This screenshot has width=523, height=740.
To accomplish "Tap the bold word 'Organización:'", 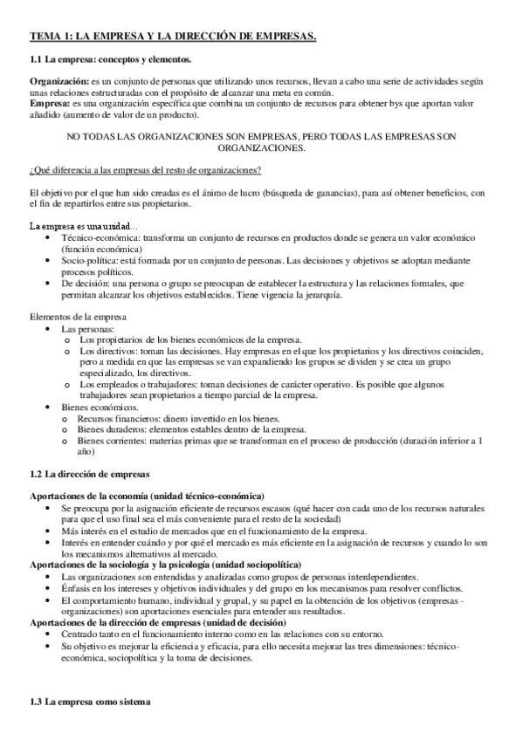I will [58, 81].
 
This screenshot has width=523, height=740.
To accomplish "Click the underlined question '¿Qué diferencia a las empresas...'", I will [145, 169].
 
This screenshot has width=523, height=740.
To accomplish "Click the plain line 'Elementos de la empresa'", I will [78, 316].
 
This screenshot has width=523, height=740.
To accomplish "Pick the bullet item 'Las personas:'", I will [87, 328].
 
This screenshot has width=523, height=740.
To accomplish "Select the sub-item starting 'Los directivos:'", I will [112, 350].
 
